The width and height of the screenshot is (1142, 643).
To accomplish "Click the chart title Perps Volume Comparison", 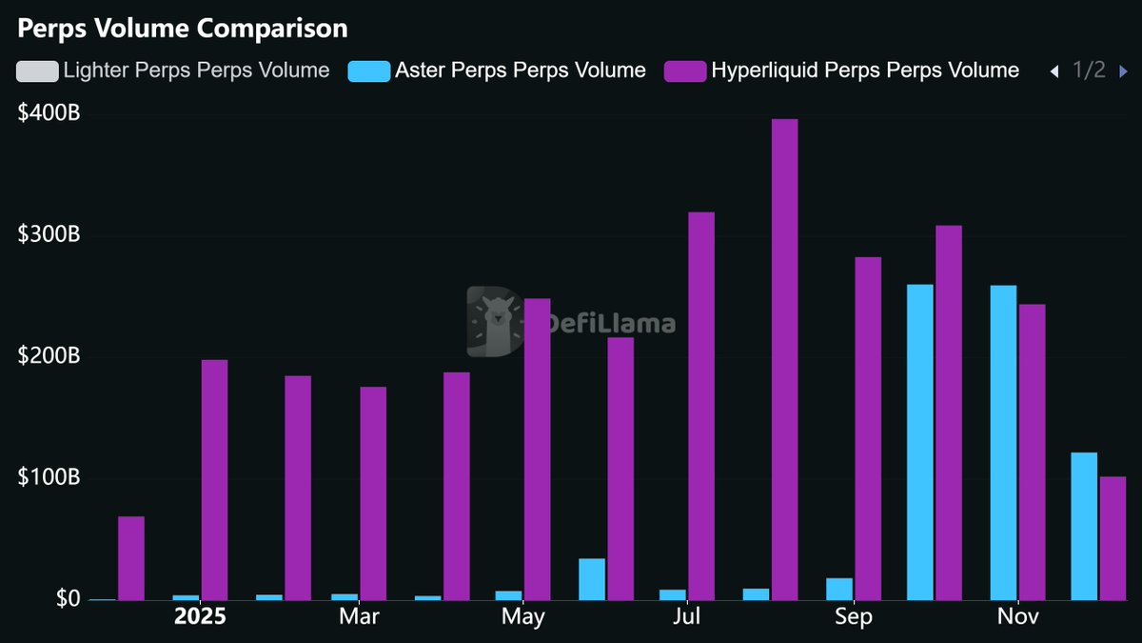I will click(183, 29).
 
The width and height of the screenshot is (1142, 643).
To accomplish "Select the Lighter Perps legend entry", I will click(173, 70).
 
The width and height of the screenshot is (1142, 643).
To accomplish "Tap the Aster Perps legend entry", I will click(498, 70).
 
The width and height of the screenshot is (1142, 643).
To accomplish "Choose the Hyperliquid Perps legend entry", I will click(841, 70).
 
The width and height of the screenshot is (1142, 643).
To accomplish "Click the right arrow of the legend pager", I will click(1124, 70).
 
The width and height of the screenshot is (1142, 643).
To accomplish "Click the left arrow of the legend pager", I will click(1053, 70).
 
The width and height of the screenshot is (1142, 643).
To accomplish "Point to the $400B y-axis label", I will click(49, 113).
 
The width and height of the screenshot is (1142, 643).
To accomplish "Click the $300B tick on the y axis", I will click(49, 234).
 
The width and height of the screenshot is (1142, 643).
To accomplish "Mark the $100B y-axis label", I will click(49, 477).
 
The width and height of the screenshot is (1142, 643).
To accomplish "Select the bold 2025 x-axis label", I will click(200, 617).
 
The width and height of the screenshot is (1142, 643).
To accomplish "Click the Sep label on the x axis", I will click(854, 617).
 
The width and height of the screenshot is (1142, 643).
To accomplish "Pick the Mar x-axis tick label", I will click(359, 617).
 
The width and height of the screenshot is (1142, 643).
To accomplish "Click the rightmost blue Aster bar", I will click(1084, 526).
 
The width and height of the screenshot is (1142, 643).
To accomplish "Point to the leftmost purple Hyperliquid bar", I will click(131, 558).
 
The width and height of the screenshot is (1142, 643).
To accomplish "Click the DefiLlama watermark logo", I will click(571, 322).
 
